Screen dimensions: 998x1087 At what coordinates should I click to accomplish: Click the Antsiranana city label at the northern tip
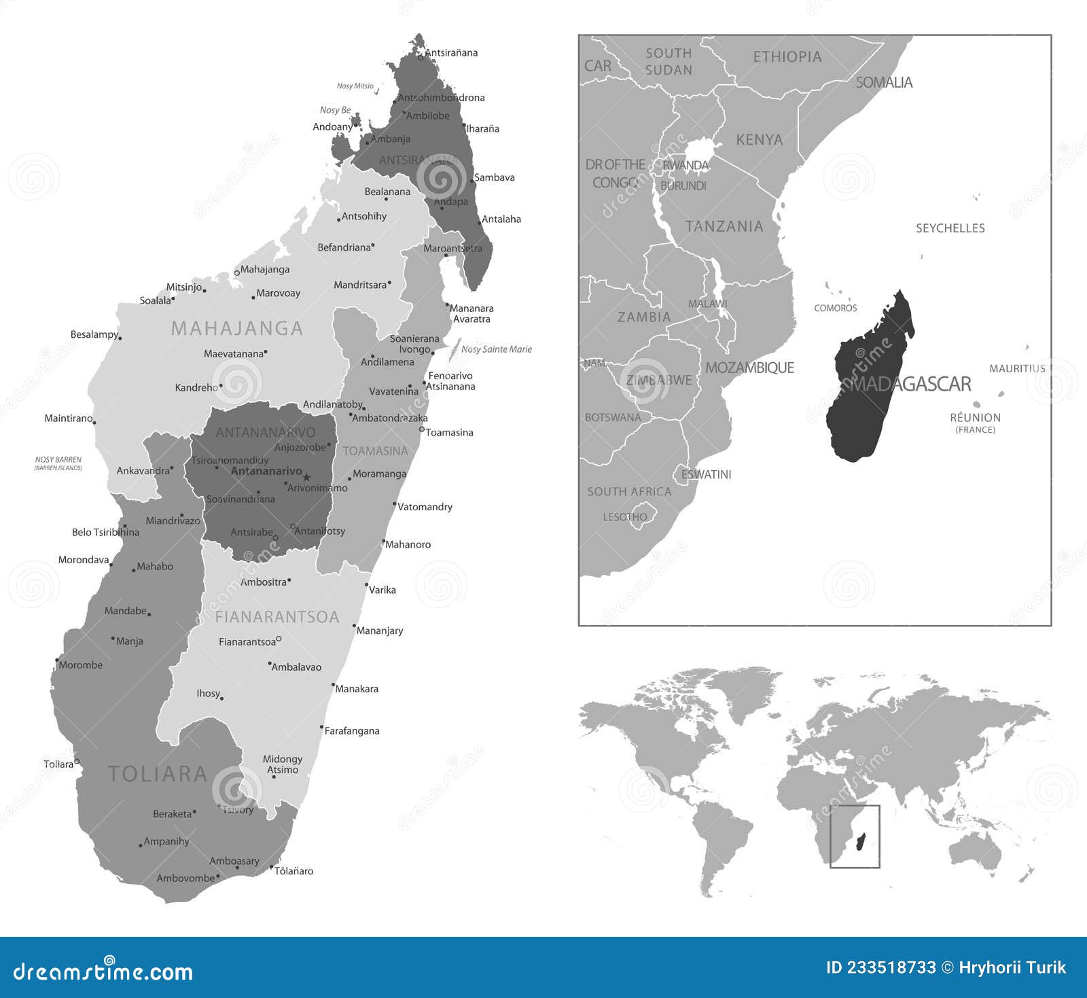click(x=451, y=53)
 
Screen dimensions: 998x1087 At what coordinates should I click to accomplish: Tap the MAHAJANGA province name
click(x=236, y=329)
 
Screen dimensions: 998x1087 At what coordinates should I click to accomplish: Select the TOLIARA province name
click(x=158, y=774)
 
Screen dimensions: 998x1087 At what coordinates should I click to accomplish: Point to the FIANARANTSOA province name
click(x=277, y=617)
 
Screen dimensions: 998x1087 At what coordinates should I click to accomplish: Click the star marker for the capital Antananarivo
click(x=306, y=477)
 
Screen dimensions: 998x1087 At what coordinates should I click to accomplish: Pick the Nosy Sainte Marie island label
click(x=496, y=349)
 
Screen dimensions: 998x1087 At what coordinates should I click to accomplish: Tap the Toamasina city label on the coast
click(x=449, y=433)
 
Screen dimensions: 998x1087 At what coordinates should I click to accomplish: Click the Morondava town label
click(x=84, y=560)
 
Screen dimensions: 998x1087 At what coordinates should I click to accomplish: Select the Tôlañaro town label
click(x=293, y=871)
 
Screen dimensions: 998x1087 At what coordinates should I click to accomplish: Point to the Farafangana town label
click(x=351, y=731)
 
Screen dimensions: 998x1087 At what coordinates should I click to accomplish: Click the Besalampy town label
click(x=94, y=334)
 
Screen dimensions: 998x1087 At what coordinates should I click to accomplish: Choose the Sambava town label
click(x=494, y=177)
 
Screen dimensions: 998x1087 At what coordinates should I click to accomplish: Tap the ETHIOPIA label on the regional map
click(x=787, y=57)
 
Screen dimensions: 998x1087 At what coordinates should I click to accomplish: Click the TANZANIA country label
click(x=724, y=226)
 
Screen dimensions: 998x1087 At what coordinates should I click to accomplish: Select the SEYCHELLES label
click(x=950, y=228)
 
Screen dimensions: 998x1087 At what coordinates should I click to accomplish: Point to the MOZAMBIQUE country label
click(x=749, y=368)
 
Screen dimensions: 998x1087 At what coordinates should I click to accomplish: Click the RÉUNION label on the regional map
click(x=975, y=418)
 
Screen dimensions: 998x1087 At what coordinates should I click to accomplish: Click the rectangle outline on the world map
click(x=855, y=806)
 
